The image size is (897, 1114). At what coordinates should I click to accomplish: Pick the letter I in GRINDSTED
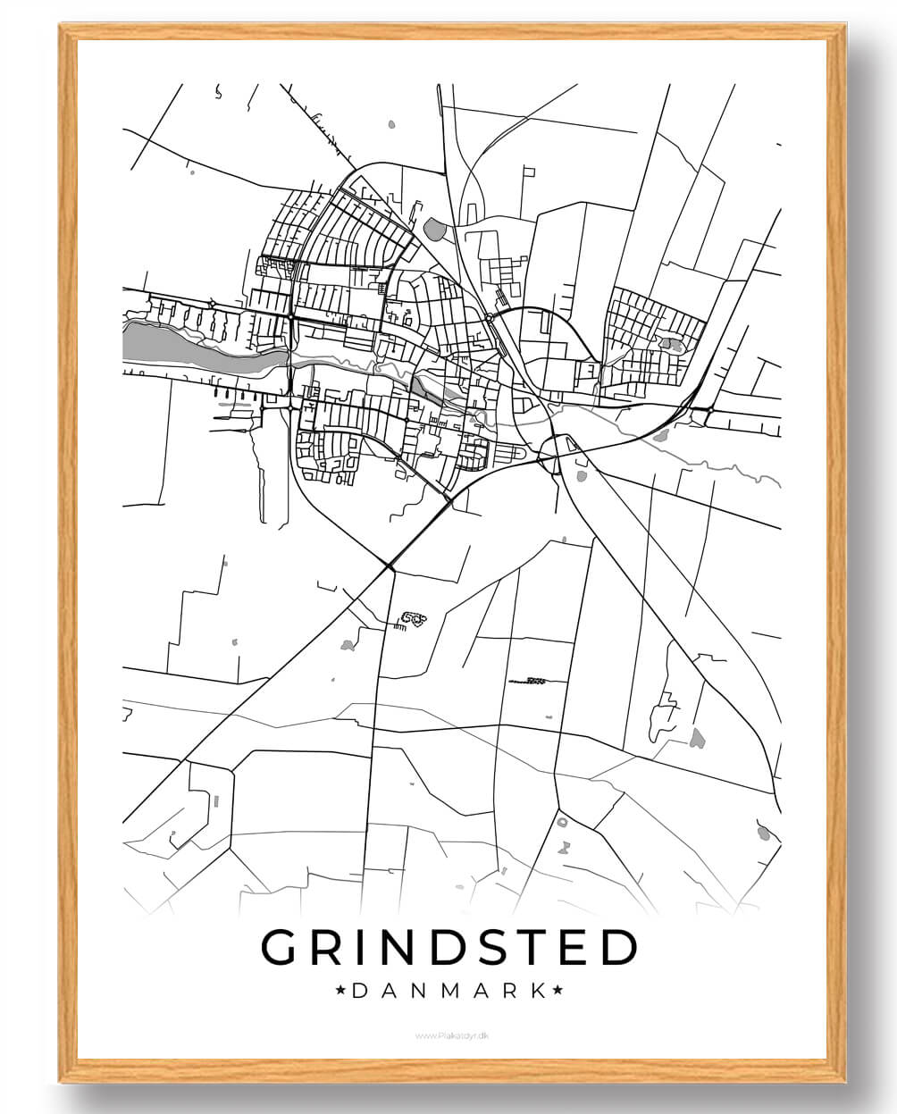click(x=361, y=948)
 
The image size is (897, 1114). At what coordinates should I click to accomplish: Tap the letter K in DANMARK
click(x=538, y=991)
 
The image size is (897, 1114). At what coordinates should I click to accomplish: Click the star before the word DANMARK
click(x=340, y=991)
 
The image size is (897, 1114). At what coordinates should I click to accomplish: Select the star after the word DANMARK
click(x=557, y=991)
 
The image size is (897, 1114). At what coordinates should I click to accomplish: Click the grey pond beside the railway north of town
click(x=435, y=230)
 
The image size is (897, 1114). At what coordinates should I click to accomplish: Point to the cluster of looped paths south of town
click(x=414, y=617)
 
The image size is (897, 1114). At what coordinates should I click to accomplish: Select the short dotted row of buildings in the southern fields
click(x=528, y=681)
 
